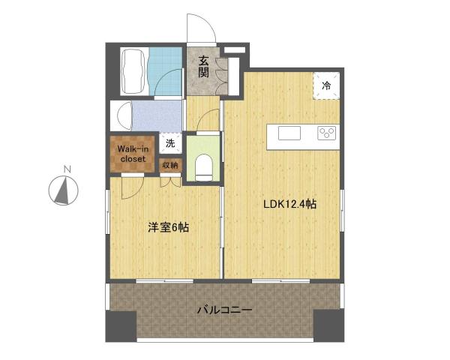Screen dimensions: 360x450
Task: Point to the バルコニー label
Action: [x=224, y=309]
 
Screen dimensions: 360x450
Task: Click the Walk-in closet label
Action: [x=132, y=153]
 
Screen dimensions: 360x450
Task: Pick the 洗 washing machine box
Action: [x=170, y=142]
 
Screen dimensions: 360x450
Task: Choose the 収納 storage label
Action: [x=170, y=165]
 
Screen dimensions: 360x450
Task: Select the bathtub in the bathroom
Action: [x=134, y=71]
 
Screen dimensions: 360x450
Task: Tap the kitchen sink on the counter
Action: [x=289, y=133]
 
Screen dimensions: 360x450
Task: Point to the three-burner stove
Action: [x=327, y=133]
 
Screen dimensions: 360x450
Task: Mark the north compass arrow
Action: [x=62, y=191]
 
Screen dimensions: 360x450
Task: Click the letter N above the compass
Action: [x=66, y=169]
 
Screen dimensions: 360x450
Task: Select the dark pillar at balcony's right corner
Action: [x=328, y=323]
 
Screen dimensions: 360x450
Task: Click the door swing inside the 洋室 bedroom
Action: [x=128, y=187]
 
